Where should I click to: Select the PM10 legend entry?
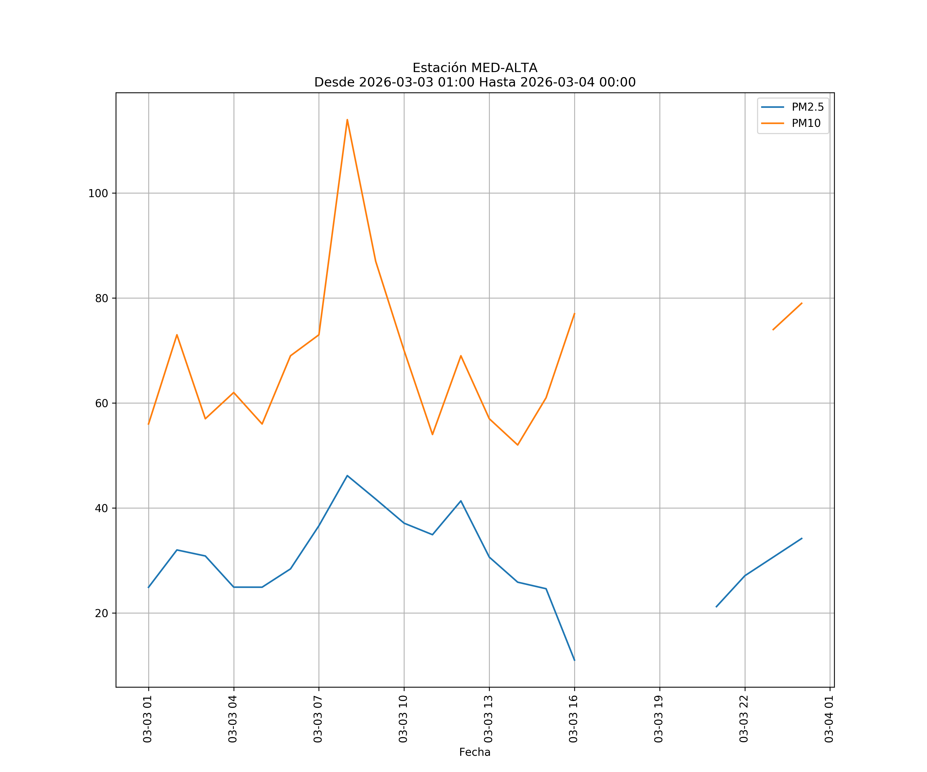click(x=806, y=124)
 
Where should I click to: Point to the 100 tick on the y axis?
click(x=98, y=193)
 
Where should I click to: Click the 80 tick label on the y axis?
click(x=101, y=298)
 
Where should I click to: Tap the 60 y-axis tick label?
click(x=101, y=403)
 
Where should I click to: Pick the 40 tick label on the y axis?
click(x=101, y=508)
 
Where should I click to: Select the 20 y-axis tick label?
click(x=101, y=613)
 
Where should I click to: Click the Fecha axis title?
click(x=475, y=752)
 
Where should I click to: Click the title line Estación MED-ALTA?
click(x=475, y=68)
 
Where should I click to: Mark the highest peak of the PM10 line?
click(x=347, y=120)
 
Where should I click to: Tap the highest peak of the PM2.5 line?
click(x=347, y=476)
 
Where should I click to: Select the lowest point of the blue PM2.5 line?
click(x=574, y=660)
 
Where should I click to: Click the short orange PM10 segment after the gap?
click(x=787, y=316)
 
